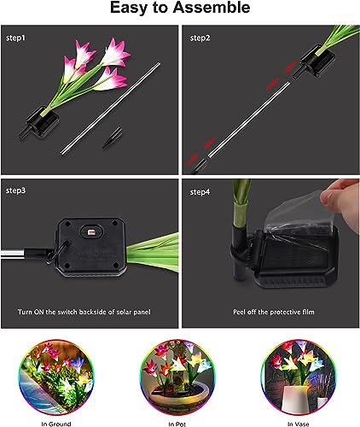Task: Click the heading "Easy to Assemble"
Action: click(180, 9)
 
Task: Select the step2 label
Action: click(200, 38)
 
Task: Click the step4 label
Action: click(200, 190)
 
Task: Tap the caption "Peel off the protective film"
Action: click(266, 313)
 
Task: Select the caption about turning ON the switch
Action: click(89, 313)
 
